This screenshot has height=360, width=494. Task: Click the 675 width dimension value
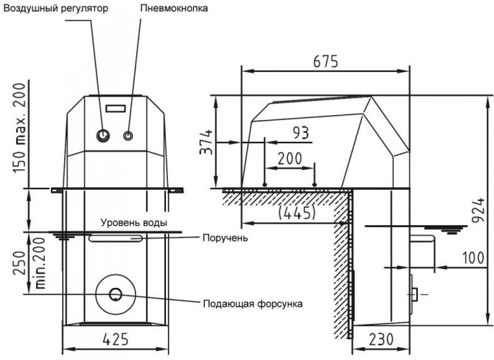(325, 61)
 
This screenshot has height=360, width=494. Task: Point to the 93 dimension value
(301, 132)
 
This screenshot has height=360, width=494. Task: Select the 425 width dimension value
(115, 338)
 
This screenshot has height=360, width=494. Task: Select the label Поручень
(224, 238)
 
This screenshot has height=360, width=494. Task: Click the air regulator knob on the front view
(104, 135)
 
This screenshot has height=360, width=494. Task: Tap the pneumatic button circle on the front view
(129, 135)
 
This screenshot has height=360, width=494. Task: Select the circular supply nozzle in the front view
(115, 293)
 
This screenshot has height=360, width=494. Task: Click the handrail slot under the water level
(116, 239)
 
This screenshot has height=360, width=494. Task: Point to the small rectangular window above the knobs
(116, 109)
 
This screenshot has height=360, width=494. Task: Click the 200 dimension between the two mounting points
(287, 158)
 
